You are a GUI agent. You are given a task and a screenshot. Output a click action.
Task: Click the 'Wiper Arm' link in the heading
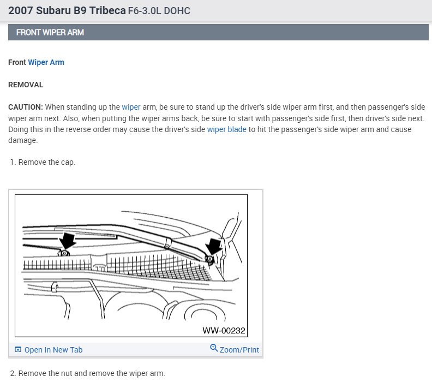pos(46,62)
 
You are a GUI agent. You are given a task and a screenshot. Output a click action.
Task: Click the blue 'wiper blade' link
pos(227,129)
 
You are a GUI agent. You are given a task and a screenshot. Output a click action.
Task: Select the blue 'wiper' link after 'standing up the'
pos(131,107)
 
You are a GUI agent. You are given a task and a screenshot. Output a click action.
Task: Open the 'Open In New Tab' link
pos(53,350)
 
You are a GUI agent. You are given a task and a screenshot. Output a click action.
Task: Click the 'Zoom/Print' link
pos(239,350)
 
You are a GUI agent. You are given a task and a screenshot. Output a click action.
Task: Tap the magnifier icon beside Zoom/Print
pos(214,348)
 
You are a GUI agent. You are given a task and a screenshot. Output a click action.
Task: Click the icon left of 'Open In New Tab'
pos(18,349)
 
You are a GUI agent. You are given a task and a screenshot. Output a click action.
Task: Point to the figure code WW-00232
pos(224,331)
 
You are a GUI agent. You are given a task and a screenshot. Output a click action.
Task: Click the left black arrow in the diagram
pos(67,240)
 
